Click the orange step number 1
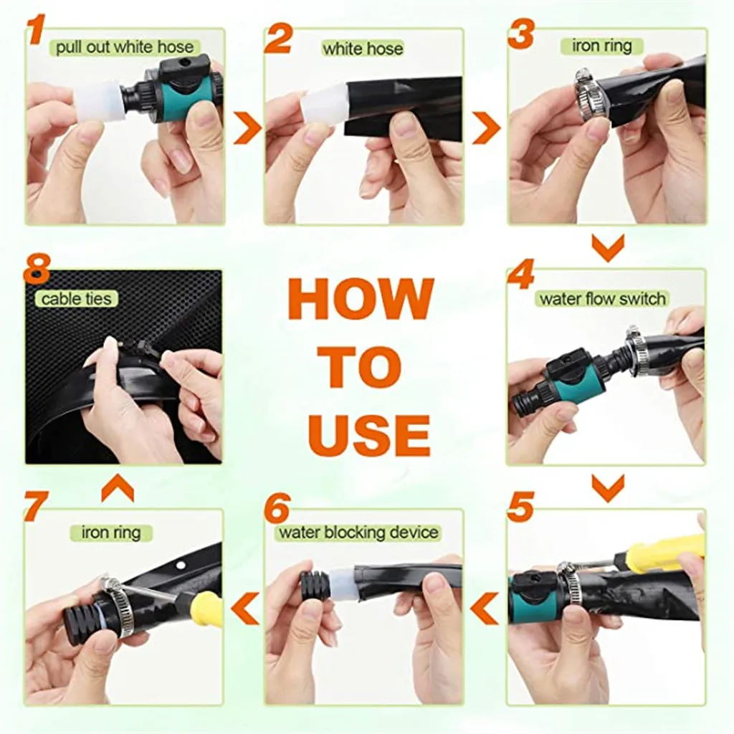(36, 29)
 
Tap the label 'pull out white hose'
(125, 47)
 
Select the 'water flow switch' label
(602, 299)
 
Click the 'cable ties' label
(76, 299)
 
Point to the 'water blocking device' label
(358, 533)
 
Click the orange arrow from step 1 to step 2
(247, 128)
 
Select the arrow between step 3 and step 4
(608, 248)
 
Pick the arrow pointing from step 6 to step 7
(245, 608)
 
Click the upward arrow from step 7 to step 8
(118, 488)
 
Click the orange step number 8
(37, 268)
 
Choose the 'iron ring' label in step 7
(111, 533)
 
